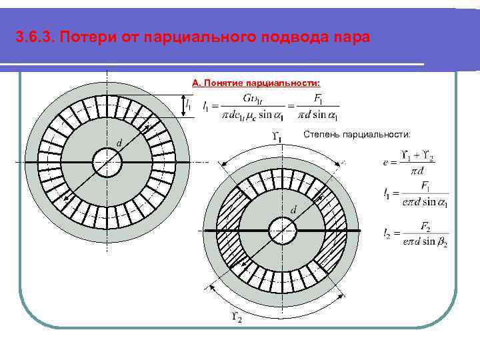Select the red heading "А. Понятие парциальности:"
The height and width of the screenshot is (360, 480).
[256, 83]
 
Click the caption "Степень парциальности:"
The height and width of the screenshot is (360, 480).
[357, 135]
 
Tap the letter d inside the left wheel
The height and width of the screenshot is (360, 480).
[119, 143]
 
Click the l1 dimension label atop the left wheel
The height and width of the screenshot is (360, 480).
[189, 105]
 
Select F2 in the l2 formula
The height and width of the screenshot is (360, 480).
[424, 225]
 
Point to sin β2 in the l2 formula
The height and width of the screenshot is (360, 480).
[435, 242]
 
